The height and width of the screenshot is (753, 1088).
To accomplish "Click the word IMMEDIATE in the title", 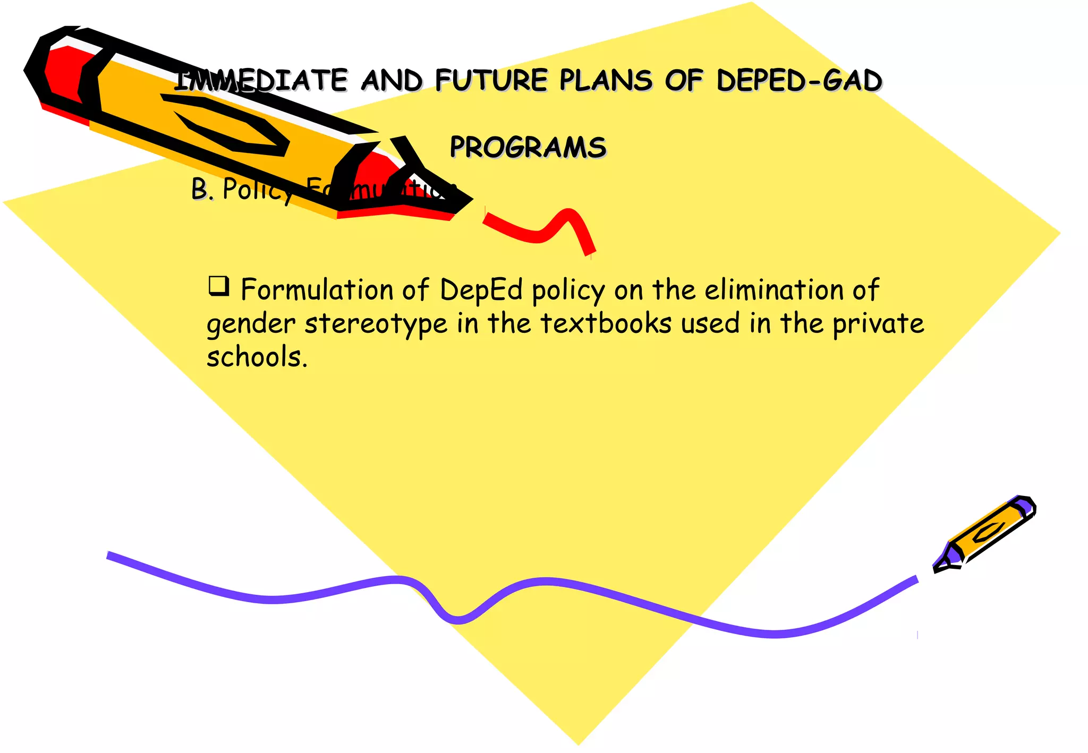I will tap(260, 81).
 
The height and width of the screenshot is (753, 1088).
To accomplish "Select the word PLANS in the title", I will tap(606, 81).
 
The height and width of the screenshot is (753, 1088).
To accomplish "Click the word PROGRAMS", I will tap(528, 147).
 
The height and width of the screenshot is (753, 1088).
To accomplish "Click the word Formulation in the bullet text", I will tap(316, 290).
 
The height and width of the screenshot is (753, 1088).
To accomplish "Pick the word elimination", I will tap(774, 290).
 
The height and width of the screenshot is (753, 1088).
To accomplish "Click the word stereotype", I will tap(376, 324).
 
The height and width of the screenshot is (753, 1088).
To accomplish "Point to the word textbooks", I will tap(606, 323).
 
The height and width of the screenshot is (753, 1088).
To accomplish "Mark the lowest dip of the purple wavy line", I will tap(458, 619).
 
